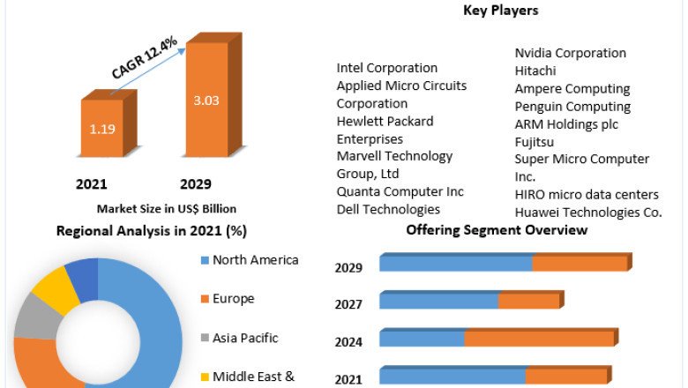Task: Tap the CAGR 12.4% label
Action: point(145,60)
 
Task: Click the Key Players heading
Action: point(501,11)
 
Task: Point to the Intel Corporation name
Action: point(387,68)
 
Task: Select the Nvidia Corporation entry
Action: point(571,53)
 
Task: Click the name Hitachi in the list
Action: point(539,71)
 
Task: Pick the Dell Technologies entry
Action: point(388,209)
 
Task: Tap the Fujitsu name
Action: point(537,141)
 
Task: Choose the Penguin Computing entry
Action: point(572,106)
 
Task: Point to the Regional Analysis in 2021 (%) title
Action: point(151,231)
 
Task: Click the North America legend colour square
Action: point(205,260)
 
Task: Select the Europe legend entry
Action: point(233,299)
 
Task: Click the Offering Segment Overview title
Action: point(497,230)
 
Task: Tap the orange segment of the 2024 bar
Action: point(539,339)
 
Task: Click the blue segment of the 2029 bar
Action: point(455,264)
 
